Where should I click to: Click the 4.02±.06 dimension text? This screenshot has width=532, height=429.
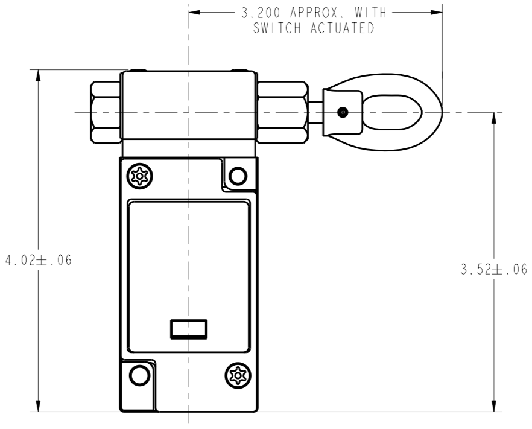(x=39, y=261)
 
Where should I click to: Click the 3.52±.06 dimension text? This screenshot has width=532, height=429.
(x=494, y=270)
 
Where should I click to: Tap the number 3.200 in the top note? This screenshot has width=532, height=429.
(x=261, y=13)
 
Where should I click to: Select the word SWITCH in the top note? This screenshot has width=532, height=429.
(x=277, y=28)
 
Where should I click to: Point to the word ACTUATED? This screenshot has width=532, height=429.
(x=343, y=28)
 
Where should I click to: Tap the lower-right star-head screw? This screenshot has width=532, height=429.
(x=238, y=375)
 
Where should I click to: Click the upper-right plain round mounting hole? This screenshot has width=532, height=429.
(x=238, y=176)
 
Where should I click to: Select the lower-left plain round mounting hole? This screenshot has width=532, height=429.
(x=139, y=375)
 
